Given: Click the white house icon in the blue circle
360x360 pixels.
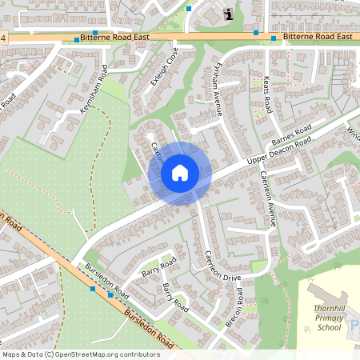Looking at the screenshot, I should point(180,173).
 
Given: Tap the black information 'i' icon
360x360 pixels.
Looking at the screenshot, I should point(230,14).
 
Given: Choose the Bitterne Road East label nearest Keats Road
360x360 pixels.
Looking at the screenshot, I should point(318,38).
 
